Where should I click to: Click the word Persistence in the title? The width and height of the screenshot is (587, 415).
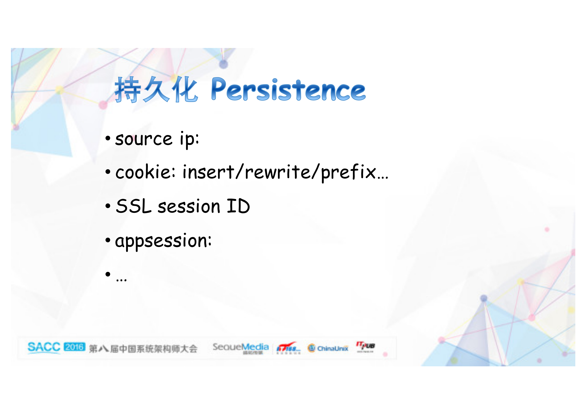point(288,89)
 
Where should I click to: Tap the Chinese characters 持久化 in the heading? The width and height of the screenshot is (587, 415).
point(156,89)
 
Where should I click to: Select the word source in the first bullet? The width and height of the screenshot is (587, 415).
point(144,139)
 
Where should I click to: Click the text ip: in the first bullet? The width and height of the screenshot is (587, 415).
point(189,139)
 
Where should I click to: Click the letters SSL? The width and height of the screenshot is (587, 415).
point(133,206)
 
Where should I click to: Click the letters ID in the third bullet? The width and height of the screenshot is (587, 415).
point(238,206)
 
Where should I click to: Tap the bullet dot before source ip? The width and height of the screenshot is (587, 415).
point(108,138)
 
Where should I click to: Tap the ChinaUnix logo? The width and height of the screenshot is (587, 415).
point(328,348)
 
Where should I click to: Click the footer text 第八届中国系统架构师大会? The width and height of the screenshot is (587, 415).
point(143,349)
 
